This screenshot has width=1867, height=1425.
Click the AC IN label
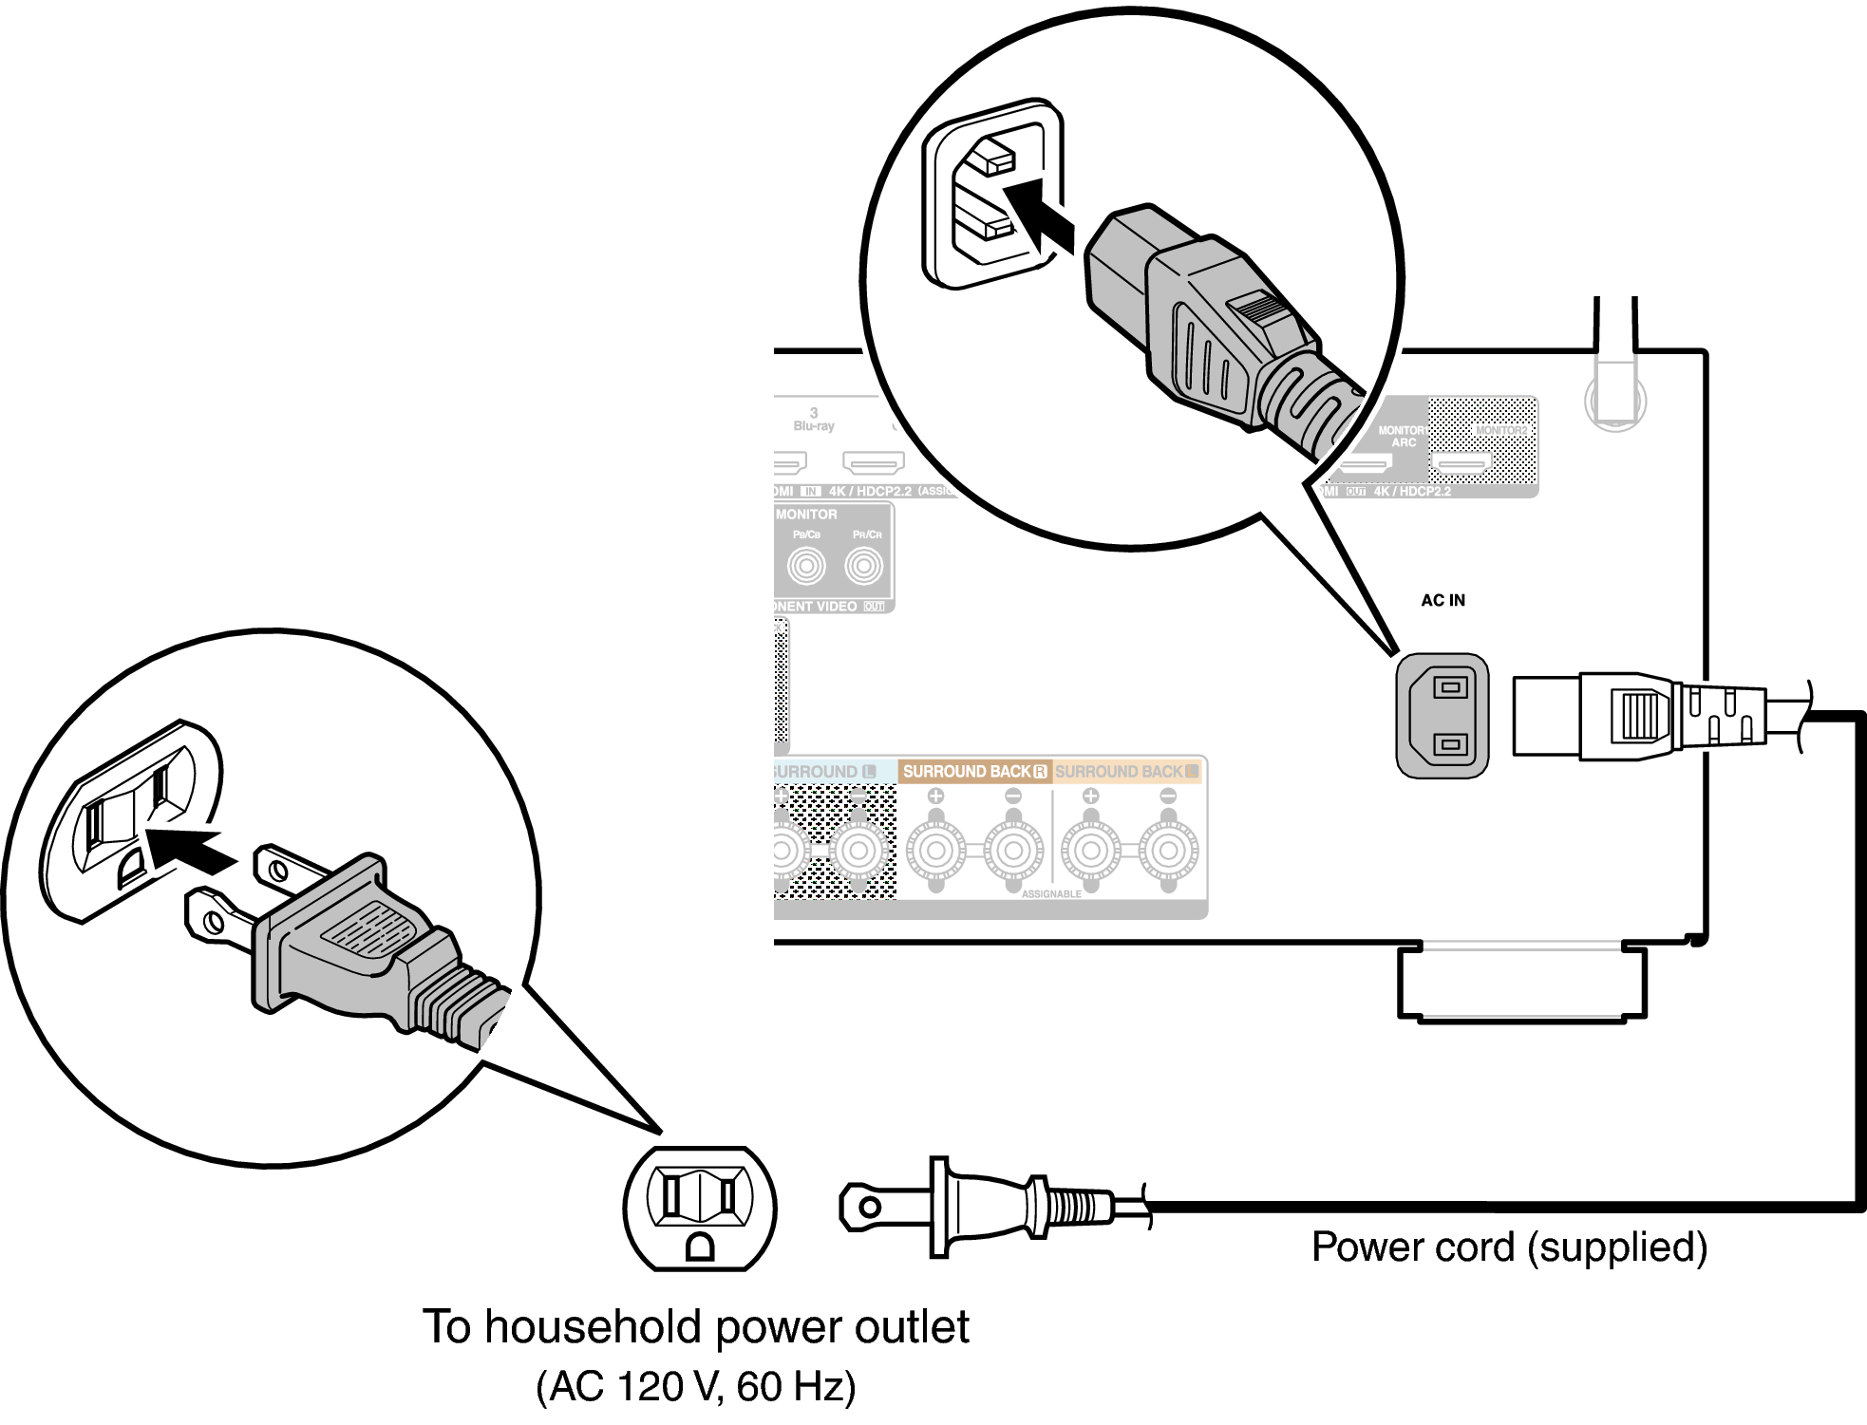pos(1443,600)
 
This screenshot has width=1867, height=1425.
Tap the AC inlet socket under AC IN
pos(1442,716)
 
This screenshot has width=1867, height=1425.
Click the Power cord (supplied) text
pos(1509,1247)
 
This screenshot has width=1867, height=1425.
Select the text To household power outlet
pos(696,1326)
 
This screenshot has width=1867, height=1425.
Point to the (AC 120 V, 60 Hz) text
pos(696,1386)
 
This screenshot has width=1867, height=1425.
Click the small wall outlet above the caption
pos(700,1208)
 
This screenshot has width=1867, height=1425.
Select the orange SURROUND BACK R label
pos(974,772)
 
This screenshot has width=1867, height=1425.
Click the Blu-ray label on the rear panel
pos(814,426)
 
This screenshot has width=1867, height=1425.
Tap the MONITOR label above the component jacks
pos(806,515)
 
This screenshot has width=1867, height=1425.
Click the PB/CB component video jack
pos(806,567)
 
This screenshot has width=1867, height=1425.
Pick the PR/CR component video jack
pos(864,567)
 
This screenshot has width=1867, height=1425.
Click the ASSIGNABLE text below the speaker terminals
pos(1051,894)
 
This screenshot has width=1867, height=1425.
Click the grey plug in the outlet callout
pos(351,940)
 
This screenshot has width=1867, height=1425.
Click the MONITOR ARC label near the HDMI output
pos(1403,437)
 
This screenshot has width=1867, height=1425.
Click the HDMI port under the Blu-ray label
pos(874,463)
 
